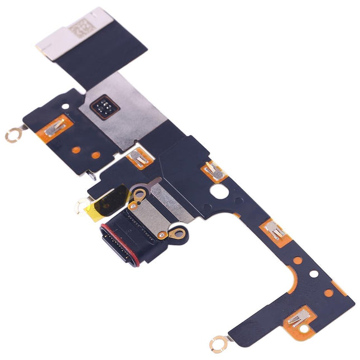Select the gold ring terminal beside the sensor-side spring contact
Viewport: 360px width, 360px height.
pos(12,134)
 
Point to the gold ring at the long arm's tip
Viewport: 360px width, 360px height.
pos(215,345)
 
